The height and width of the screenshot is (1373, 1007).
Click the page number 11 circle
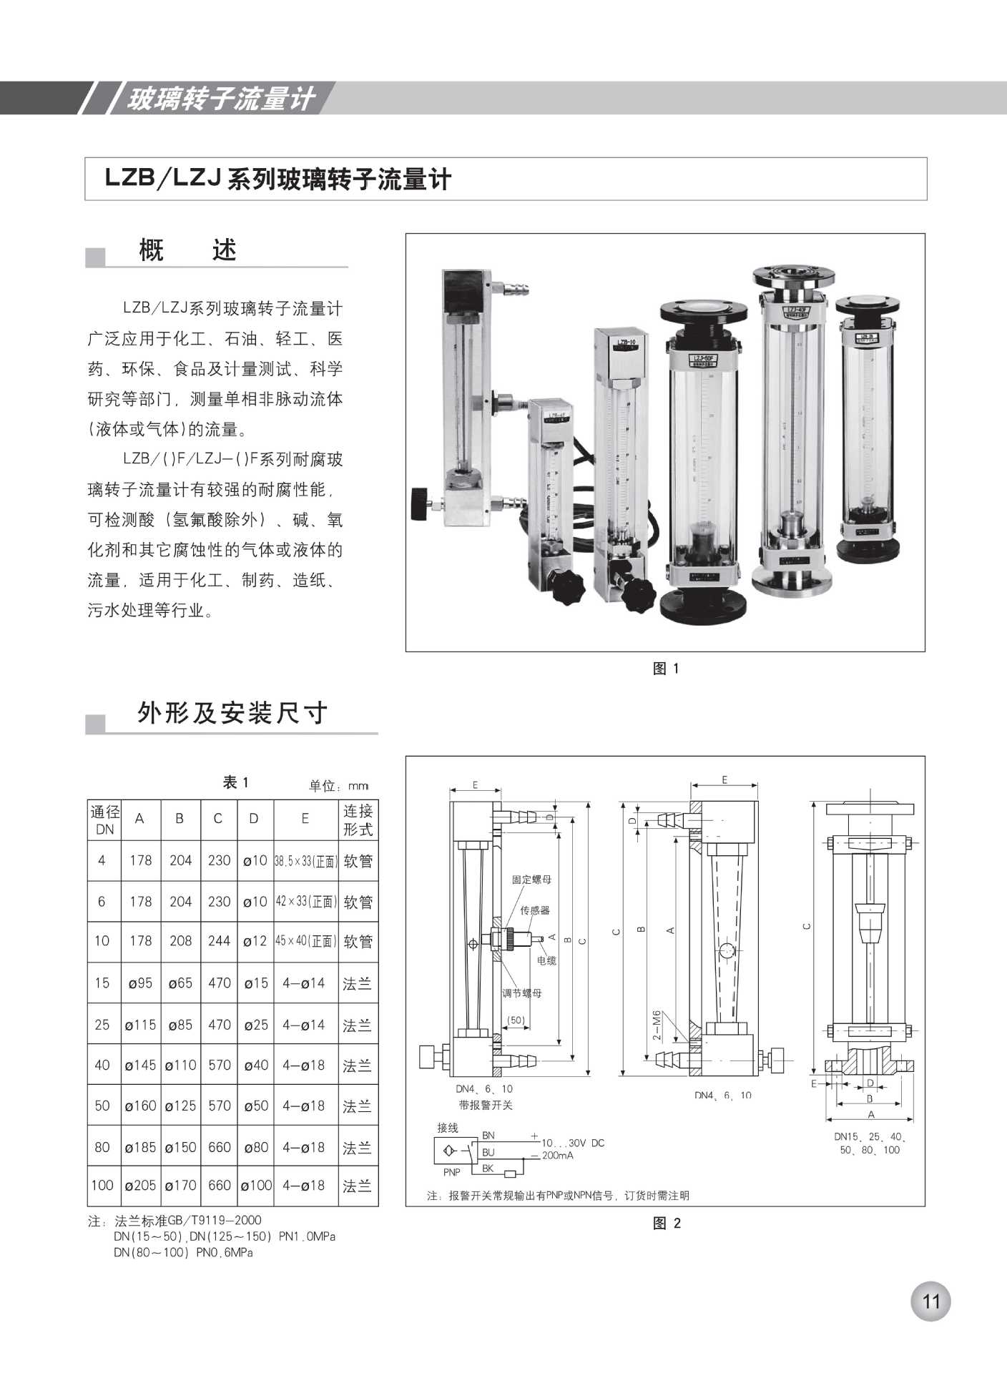pyautogui.click(x=930, y=1301)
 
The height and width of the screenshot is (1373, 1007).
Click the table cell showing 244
pyautogui.click(x=219, y=941)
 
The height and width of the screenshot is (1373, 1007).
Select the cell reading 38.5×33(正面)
pyautogui.click(x=305, y=861)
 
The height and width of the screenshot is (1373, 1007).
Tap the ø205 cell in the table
pyautogui.click(x=140, y=1186)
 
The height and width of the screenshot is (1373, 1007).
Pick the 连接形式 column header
pyautogui.click(x=358, y=820)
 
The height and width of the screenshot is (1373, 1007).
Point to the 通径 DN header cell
pyautogui.click(x=104, y=820)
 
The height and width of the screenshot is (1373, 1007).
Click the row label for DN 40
pyautogui.click(x=102, y=1066)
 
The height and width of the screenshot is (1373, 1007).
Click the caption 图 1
pyautogui.click(x=666, y=669)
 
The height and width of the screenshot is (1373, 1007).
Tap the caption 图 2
pyautogui.click(x=666, y=1224)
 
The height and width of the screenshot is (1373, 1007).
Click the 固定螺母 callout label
pyautogui.click(x=531, y=880)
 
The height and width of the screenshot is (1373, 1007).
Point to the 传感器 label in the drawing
pyautogui.click(x=535, y=910)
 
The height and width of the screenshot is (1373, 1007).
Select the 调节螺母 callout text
pyautogui.click(x=521, y=993)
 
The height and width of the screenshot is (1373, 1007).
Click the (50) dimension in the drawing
pyautogui.click(x=516, y=1020)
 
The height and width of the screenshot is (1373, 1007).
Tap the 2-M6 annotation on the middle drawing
pyautogui.click(x=657, y=1025)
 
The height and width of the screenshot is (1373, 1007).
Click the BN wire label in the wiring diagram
pyautogui.click(x=488, y=1136)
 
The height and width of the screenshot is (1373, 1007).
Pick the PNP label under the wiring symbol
pyautogui.click(x=452, y=1172)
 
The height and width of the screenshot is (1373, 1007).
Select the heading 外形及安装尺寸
pyautogui.click(x=232, y=713)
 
